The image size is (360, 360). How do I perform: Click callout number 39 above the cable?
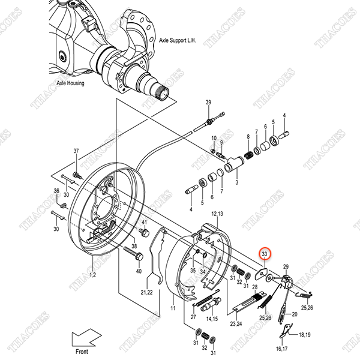tap(209, 103)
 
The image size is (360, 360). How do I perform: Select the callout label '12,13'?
tap(217, 214)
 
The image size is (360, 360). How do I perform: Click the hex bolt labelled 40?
tap(134, 255)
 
